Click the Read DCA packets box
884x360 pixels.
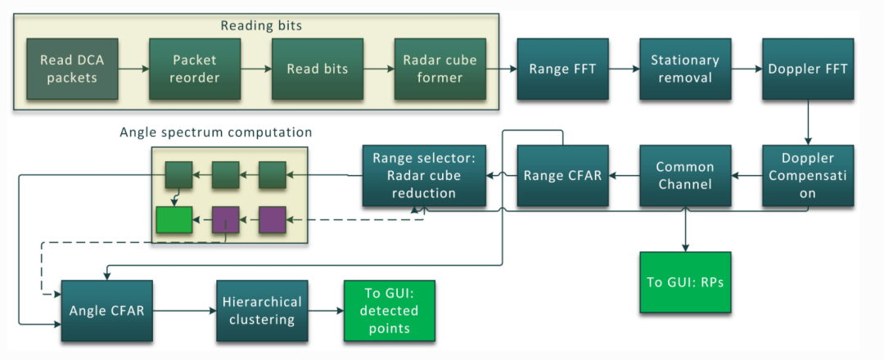[x=69, y=69]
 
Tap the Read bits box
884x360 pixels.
[x=316, y=69]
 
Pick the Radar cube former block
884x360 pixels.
[x=440, y=69]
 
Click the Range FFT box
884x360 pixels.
[x=562, y=69]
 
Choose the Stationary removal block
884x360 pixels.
[x=685, y=69]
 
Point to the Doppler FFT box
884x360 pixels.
[x=808, y=69]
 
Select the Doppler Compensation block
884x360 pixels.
[x=808, y=175]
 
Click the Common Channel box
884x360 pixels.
[x=685, y=175]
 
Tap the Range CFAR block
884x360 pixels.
[x=562, y=175]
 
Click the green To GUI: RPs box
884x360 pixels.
[x=685, y=282]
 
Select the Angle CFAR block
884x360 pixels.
[x=106, y=311]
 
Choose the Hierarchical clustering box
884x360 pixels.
[x=262, y=311]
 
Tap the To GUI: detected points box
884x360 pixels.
[x=389, y=311]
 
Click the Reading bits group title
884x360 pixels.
[x=260, y=25]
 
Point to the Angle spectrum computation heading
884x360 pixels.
[x=215, y=132]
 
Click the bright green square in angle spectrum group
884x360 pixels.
[x=174, y=219]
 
